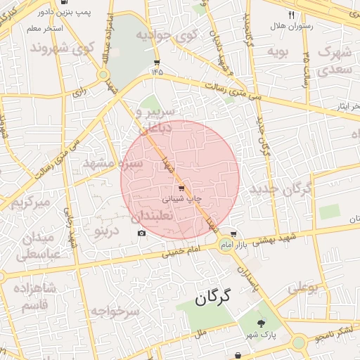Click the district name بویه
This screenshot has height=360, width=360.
pyautogui.click(x=280, y=51)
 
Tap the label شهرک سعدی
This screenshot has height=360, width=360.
pyautogui.click(x=334, y=60)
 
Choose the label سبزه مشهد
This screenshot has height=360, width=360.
pyautogui.click(x=113, y=163)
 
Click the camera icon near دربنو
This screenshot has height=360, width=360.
pyautogui.click(x=141, y=233)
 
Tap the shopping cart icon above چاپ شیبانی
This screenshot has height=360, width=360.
pyautogui.click(x=181, y=188)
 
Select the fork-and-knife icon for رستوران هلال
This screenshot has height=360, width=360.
pyautogui.click(x=292, y=15)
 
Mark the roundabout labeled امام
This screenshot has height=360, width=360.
pyautogui.click(x=225, y=244)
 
